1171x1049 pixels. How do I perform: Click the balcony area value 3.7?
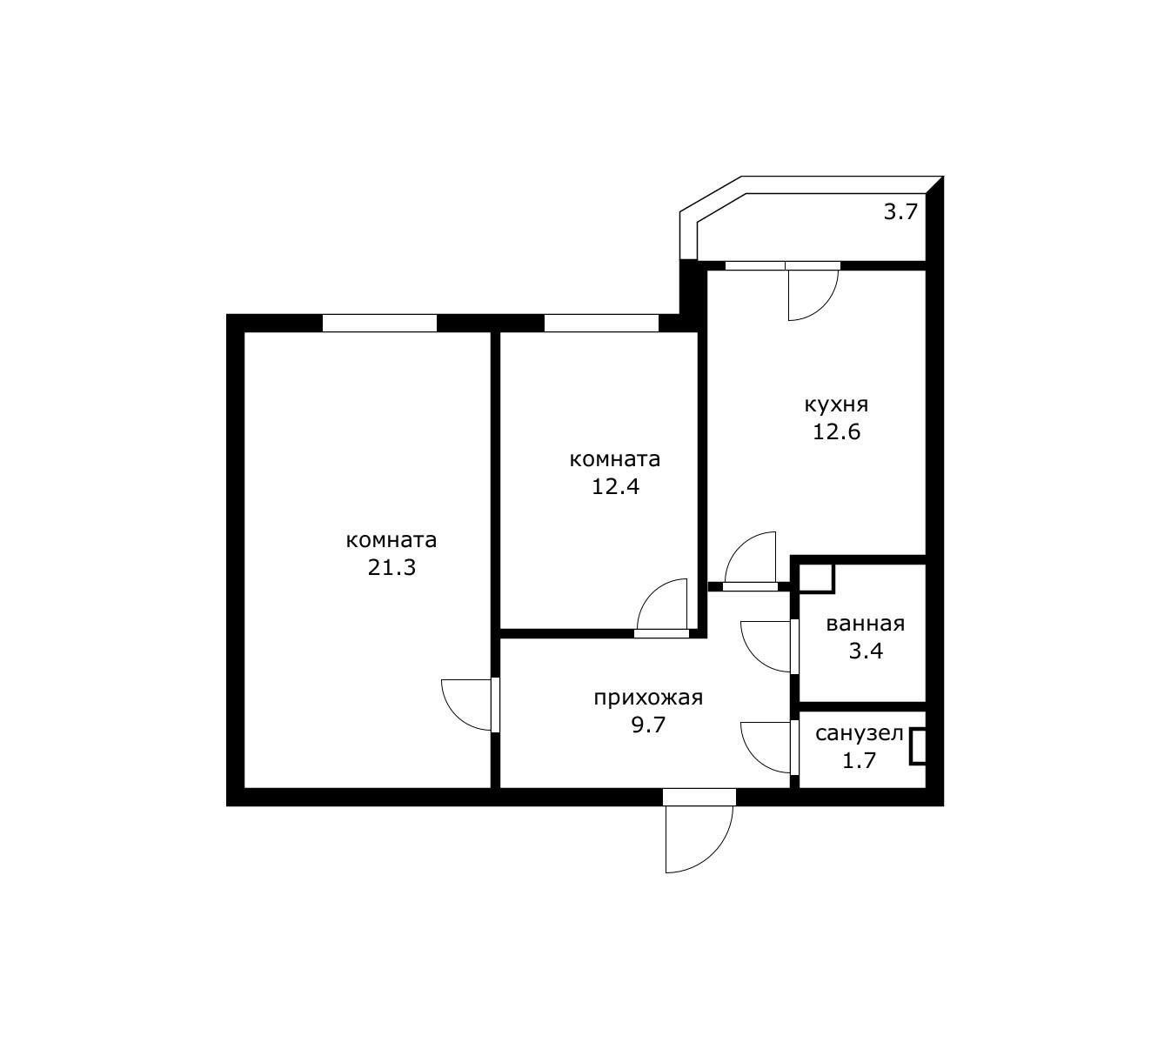coord(900,212)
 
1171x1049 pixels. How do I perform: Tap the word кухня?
coord(836,405)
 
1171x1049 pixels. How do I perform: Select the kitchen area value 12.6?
coord(837,431)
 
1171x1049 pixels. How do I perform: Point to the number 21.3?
coord(391,568)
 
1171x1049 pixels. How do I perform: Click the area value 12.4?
coord(615,486)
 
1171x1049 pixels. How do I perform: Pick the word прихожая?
coord(648,698)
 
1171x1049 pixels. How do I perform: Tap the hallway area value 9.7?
coord(648,725)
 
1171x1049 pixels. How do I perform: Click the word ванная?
coord(866,625)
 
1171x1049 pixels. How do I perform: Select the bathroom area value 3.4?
coord(866,651)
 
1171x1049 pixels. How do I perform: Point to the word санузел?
coord(860,734)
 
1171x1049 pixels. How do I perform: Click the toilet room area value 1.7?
coord(859,760)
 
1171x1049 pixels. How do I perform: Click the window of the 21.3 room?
coord(379,323)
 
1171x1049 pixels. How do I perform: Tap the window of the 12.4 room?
coord(601,323)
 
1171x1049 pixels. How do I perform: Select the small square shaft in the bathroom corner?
coord(816,578)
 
